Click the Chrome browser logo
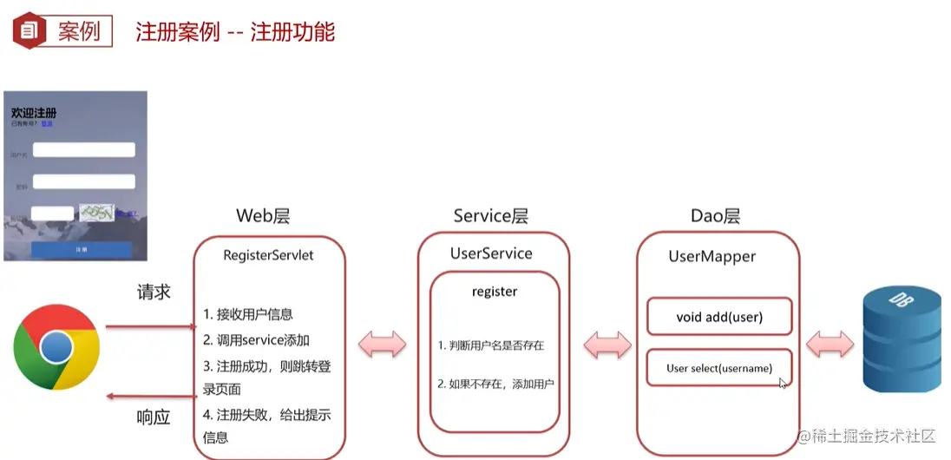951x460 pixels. tap(56, 347)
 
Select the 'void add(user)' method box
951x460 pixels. tap(719, 317)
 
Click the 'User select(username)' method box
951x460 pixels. tap(719, 368)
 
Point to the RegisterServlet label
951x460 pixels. tap(268, 255)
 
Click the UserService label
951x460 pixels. tap(491, 253)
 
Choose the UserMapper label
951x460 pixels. tap(712, 256)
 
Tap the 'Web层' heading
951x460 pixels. tap(263, 216)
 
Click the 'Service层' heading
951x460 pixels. tap(490, 216)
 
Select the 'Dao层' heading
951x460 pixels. tap(715, 216)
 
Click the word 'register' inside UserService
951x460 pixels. tap(495, 292)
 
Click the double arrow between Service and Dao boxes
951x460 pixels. tap(607, 344)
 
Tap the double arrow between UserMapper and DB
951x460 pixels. tap(830, 344)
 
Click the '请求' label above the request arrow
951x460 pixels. tap(154, 292)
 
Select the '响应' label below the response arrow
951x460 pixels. tap(154, 417)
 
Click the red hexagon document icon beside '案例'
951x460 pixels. tap(30, 32)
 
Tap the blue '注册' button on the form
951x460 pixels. tap(82, 249)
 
